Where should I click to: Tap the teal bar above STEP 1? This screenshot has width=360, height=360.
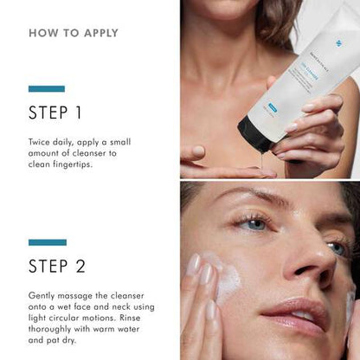point(46,88)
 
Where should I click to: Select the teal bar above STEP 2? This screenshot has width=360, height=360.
point(46,242)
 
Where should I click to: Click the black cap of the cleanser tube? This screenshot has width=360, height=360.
point(254,135)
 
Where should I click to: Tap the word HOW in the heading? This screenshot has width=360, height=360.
point(42,34)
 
